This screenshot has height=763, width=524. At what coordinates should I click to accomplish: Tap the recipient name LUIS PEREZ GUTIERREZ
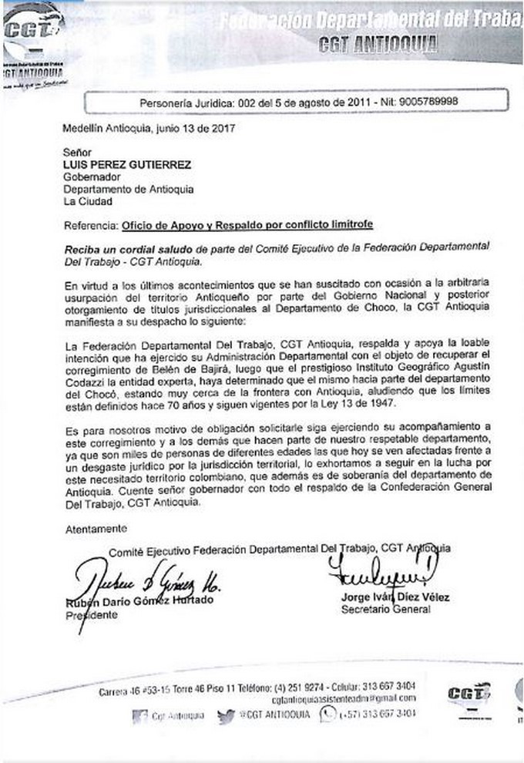(126, 164)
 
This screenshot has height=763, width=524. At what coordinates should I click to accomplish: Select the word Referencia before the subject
(90, 225)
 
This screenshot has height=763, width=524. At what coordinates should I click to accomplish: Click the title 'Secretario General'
(385, 609)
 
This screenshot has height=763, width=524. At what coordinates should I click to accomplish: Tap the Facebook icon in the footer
(139, 716)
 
